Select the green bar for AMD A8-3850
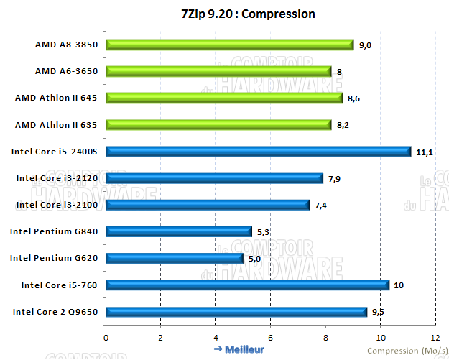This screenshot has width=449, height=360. (x=230, y=45)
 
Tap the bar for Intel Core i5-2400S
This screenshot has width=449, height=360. (x=259, y=152)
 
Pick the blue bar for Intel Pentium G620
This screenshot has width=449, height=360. (x=175, y=258)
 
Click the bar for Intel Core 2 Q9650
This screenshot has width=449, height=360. (x=236, y=311)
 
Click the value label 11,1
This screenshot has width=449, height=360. (x=424, y=152)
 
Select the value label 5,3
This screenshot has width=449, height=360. (x=264, y=231)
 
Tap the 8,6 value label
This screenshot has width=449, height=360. (x=353, y=98)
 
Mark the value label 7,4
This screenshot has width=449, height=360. (x=320, y=205)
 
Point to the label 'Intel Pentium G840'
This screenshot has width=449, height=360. (x=59, y=231)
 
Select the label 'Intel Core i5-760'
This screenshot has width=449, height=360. (x=64, y=285)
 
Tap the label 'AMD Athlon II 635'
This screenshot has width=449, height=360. (x=61, y=125)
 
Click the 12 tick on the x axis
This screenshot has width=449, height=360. (x=434, y=336)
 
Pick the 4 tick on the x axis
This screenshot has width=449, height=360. (x=216, y=336)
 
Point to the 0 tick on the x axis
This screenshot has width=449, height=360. (x=106, y=336)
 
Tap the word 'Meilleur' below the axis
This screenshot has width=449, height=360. (x=244, y=350)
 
